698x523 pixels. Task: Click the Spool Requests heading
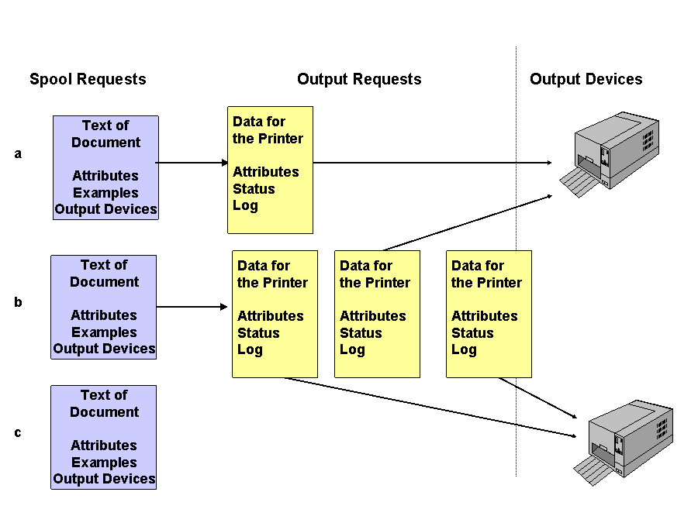tap(88, 79)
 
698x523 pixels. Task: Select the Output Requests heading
tap(359, 79)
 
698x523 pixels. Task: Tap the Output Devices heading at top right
tap(586, 79)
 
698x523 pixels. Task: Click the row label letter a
tap(18, 154)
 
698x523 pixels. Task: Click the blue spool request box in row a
tap(105, 167)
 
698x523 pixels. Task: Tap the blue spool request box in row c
tap(104, 437)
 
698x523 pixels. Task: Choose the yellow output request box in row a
tap(270, 170)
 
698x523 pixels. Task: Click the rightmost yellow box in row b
tap(489, 314)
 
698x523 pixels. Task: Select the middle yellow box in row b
tap(377, 314)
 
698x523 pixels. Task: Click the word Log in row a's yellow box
tap(245, 205)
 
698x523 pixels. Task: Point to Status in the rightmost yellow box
tap(472, 333)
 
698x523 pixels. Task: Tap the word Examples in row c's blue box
tap(104, 463)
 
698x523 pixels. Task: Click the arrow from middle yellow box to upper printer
tap(465, 222)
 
